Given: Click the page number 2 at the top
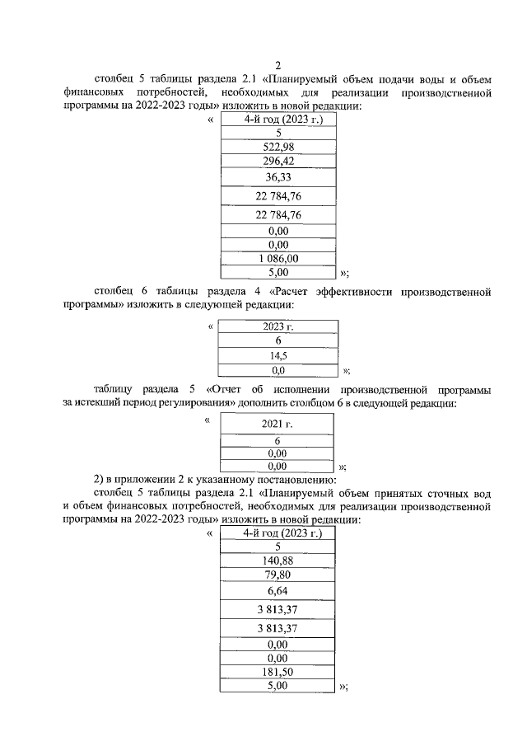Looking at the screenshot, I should (x=278, y=66).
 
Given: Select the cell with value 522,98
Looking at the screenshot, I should (x=278, y=147).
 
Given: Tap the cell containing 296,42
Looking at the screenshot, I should (x=278, y=161).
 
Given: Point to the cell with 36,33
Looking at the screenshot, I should (x=278, y=177).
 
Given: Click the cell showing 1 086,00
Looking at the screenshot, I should (x=278, y=258).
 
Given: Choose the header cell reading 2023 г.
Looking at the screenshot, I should (x=278, y=327).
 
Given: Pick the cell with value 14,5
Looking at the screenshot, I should (x=278, y=356).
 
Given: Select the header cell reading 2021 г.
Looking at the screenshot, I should (x=278, y=424).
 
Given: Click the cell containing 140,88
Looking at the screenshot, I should (x=278, y=561).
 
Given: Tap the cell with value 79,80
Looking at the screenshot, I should (x=278, y=575).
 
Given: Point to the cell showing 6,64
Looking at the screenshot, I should (x=278, y=591).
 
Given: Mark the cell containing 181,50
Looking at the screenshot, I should (x=278, y=672).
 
